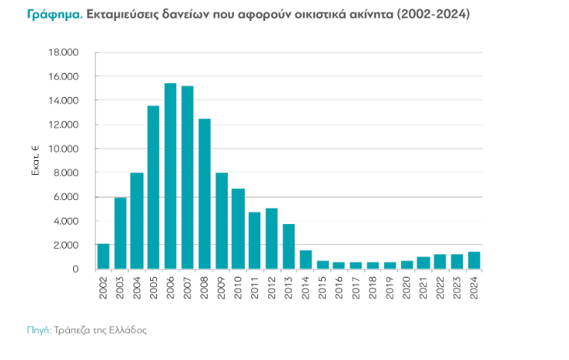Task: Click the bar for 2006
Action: [170, 177]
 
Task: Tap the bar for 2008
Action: [204, 194]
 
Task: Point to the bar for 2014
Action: [305, 260]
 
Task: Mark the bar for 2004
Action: [137, 221]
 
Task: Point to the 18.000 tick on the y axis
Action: [65, 52]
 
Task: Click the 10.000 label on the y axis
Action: [65, 149]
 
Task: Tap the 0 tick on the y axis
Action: [75, 269]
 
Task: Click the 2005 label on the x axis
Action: [154, 287]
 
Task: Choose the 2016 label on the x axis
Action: [339, 287]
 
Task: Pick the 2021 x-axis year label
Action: [423, 287]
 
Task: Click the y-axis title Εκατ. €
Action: [35, 160]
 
